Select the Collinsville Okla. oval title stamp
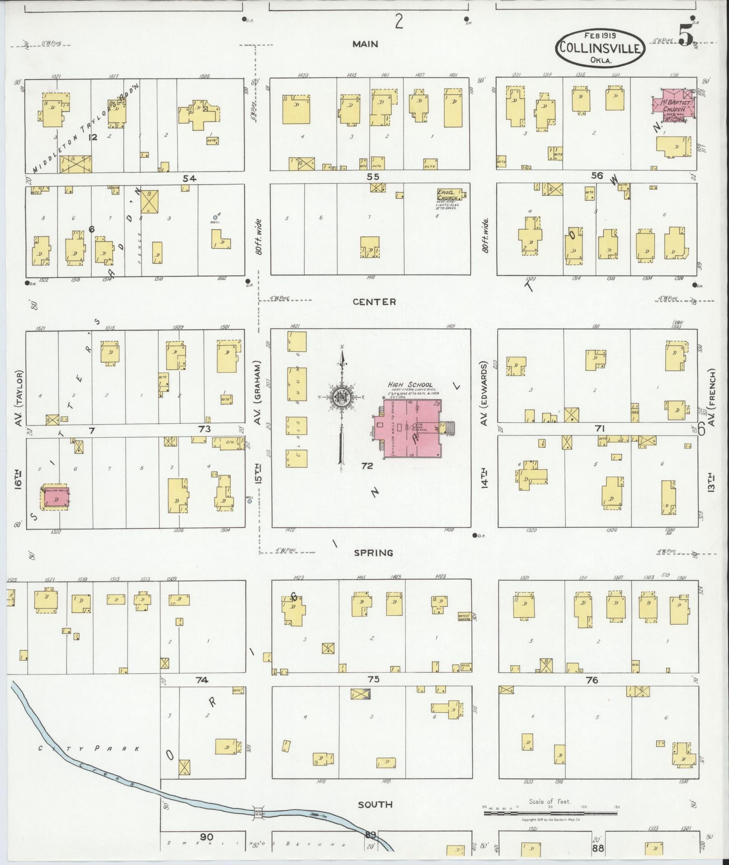pos(600,47)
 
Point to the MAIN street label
pos(366,44)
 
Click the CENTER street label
pos(375,302)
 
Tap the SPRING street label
pos(373,553)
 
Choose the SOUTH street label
pos(375,804)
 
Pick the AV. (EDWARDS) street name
pos(484,393)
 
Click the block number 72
pos(367,466)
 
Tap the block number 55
pos(373,177)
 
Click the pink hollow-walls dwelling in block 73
pos(57,497)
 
